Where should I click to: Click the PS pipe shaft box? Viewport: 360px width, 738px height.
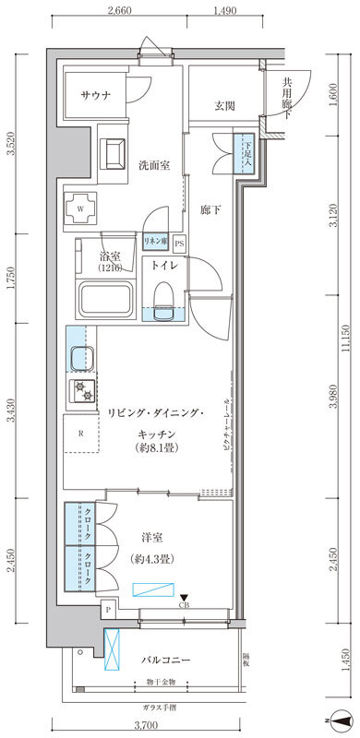click(179, 244)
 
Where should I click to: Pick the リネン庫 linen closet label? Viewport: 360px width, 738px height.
click(154, 242)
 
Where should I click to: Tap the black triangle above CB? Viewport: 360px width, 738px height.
click(184, 598)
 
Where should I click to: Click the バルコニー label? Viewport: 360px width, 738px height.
click(166, 661)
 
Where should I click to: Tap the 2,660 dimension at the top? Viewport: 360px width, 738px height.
click(123, 12)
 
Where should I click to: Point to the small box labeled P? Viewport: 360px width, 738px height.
click(109, 610)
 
